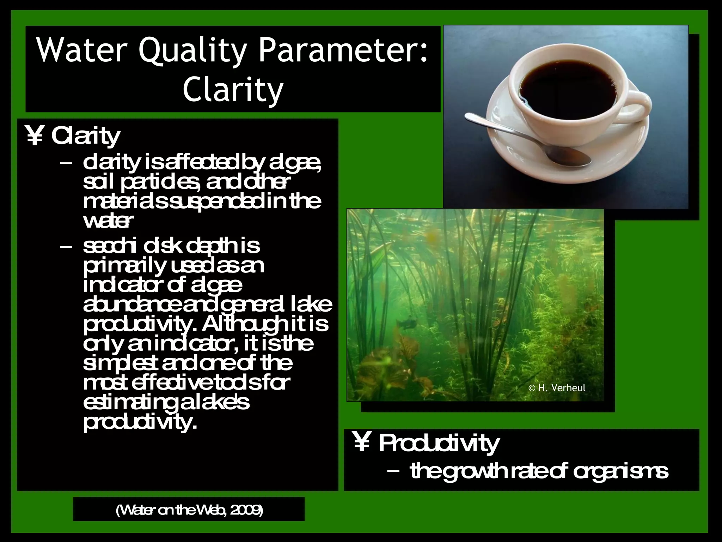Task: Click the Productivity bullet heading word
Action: (x=439, y=443)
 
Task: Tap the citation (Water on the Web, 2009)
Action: (x=189, y=510)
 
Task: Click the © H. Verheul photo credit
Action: (x=557, y=388)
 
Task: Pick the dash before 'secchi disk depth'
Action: (x=66, y=247)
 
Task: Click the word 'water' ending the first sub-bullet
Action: (x=108, y=221)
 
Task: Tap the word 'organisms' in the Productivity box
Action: (x=620, y=472)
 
